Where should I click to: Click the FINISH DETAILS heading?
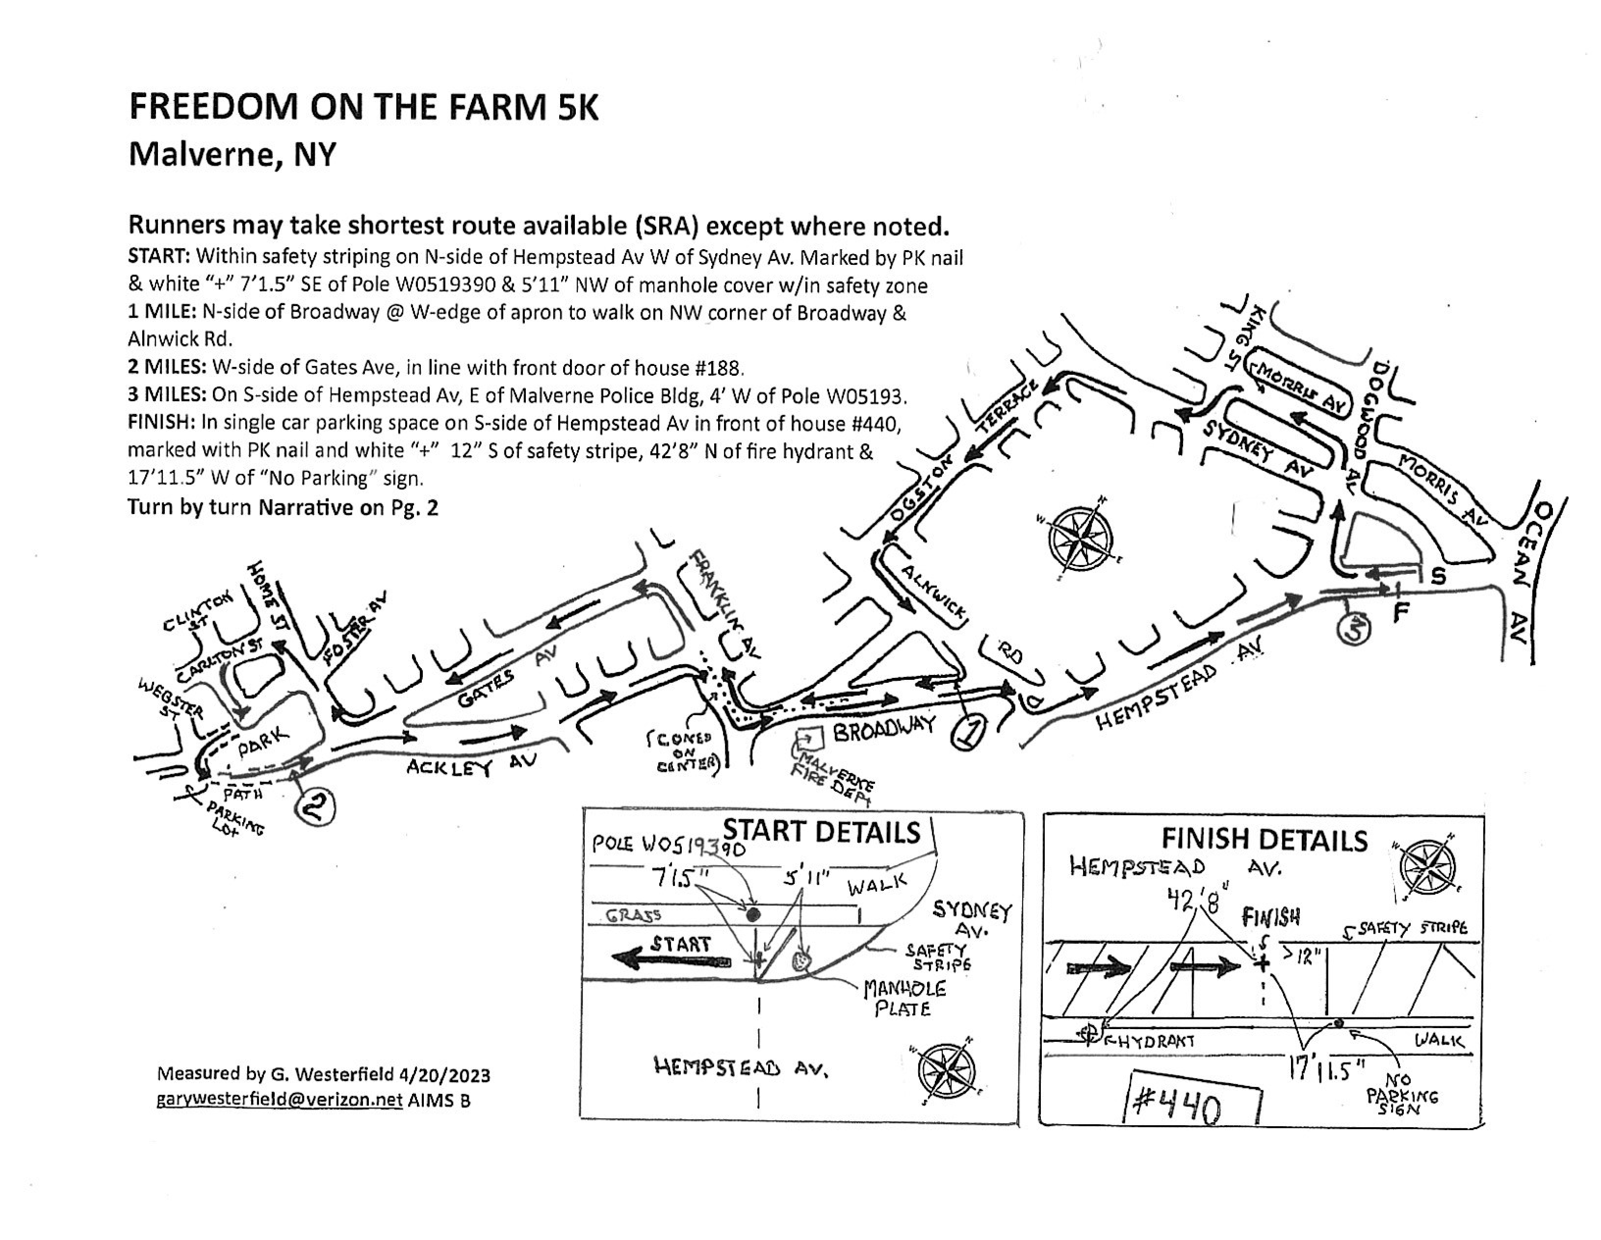1265,840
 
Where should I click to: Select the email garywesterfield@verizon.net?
279,1100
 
